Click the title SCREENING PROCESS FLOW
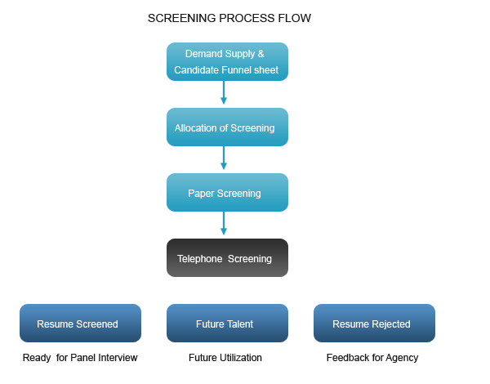tap(229, 18)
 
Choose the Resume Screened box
tap(80, 324)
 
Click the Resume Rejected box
tap(374, 324)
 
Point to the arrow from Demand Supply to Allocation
tap(224, 93)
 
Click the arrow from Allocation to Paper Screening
tap(224, 159)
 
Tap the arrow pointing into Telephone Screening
tap(224, 224)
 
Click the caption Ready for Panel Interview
tap(80, 358)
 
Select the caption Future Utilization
tap(225, 358)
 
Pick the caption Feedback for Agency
tap(372, 358)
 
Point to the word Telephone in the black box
tap(199, 259)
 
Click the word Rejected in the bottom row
tap(391, 324)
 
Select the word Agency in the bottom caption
tap(401, 358)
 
